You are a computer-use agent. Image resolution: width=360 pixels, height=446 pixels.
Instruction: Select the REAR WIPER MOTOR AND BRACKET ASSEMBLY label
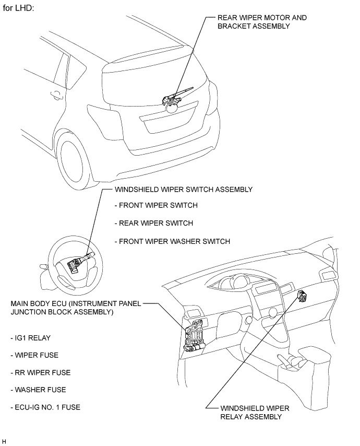tap(262, 21)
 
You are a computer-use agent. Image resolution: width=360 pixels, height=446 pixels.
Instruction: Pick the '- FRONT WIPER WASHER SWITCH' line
tap(172, 241)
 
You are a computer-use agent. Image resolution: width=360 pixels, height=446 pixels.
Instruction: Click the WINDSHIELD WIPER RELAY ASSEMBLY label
tap(254, 412)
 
